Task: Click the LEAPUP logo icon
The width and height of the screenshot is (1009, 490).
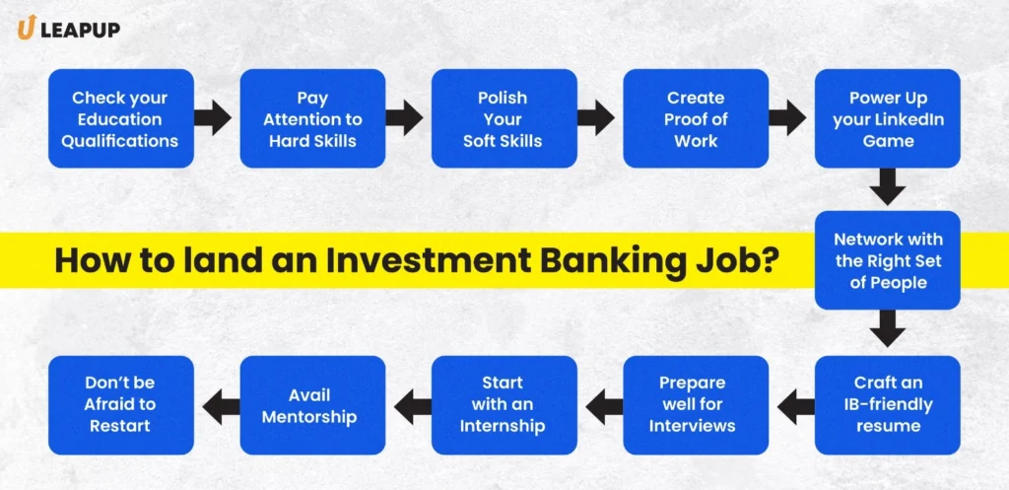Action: pyautogui.click(x=26, y=30)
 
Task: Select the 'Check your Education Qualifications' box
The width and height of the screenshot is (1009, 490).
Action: pyautogui.click(x=120, y=119)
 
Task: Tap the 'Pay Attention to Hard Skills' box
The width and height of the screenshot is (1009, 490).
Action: pyautogui.click(x=313, y=119)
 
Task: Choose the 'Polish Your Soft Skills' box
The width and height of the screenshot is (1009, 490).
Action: pyautogui.click(x=504, y=119)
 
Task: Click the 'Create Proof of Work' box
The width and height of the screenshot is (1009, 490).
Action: pyautogui.click(x=696, y=119)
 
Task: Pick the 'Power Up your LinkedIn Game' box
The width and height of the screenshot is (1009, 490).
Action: pyautogui.click(x=888, y=119)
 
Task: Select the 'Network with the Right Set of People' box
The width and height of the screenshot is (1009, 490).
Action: pyautogui.click(x=888, y=260)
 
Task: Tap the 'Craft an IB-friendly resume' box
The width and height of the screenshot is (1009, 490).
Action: pyautogui.click(x=888, y=404)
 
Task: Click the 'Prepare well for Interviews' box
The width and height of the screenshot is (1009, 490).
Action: pyautogui.click(x=696, y=404)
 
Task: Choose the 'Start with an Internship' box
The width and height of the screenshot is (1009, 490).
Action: pyautogui.click(x=504, y=404)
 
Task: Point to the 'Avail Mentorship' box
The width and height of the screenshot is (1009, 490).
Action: pyautogui.click(x=313, y=404)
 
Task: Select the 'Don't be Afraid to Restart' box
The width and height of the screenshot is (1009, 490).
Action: pyautogui.click(x=120, y=404)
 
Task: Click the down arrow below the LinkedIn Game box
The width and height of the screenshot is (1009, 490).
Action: pyautogui.click(x=888, y=187)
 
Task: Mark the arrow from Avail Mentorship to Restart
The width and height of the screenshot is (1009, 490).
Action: pyautogui.click(x=217, y=404)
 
